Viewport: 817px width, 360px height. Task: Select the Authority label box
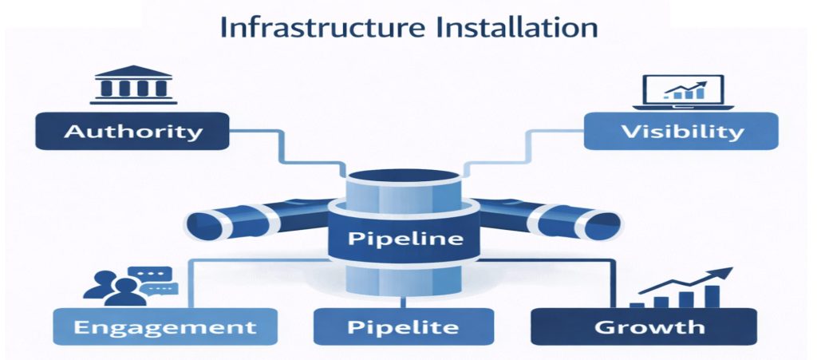(132, 131)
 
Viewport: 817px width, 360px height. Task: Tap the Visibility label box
(681, 131)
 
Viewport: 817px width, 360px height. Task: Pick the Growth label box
(644, 326)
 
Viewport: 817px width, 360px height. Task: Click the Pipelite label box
(404, 326)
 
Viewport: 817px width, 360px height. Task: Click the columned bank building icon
(132, 84)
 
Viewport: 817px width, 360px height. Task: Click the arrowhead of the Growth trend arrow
(726, 272)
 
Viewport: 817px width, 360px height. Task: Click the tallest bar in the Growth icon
(712, 296)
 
